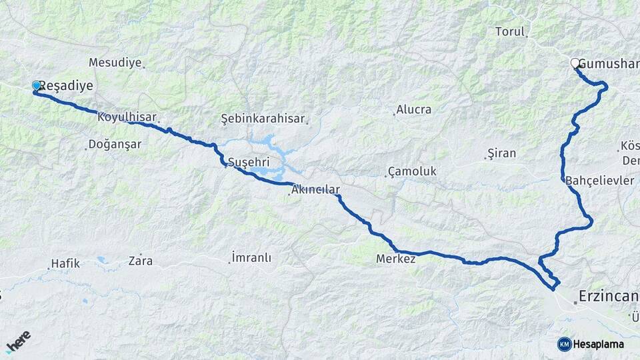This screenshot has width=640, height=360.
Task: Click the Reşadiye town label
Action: click(x=67, y=86)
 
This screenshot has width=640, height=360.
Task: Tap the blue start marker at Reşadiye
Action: click(x=37, y=86)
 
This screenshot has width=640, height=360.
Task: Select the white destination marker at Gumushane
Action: click(x=575, y=63)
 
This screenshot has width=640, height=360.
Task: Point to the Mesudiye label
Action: click(x=115, y=63)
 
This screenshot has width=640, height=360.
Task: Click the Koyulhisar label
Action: click(x=127, y=117)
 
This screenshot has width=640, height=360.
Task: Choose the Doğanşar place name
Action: click(x=116, y=144)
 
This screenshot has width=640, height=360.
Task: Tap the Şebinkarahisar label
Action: click(x=263, y=119)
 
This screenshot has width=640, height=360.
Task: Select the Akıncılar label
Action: click(x=315, y=189)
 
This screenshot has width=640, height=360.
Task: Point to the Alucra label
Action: click(x=413, y=109)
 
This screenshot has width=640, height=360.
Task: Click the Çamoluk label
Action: click(x=412, y=171)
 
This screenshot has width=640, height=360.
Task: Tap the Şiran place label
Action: click(x=502, y=153)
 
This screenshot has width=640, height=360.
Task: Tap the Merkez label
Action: click(x=396, y=259)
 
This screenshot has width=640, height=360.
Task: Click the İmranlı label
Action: click(x=251, y=257)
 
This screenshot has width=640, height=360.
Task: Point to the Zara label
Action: click(x=145, y=259)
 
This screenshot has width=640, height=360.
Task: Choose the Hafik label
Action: click(x=65, y=264)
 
